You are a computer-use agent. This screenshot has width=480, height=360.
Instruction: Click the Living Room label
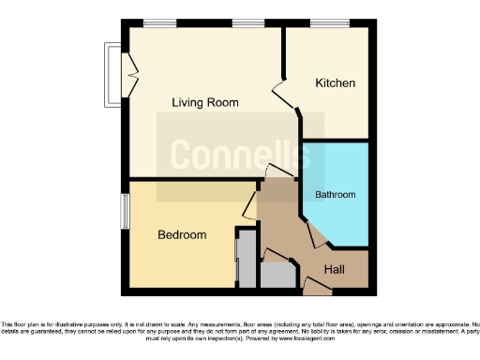[204, 102]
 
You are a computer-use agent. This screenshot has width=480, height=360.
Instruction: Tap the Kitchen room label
[335, 83]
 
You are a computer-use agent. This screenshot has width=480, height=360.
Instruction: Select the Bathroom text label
[335, 195]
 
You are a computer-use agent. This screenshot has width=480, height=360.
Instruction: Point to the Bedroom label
[181, 234]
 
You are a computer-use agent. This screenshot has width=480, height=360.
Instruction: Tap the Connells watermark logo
[239, 154]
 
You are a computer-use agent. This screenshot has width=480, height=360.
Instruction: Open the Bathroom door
[316, 234]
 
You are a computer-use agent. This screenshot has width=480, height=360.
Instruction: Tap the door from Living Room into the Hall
[277, 172]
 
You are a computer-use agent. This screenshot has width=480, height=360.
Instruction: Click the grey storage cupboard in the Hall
[276, 274]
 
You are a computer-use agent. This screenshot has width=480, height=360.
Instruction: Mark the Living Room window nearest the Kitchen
[247, 22]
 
